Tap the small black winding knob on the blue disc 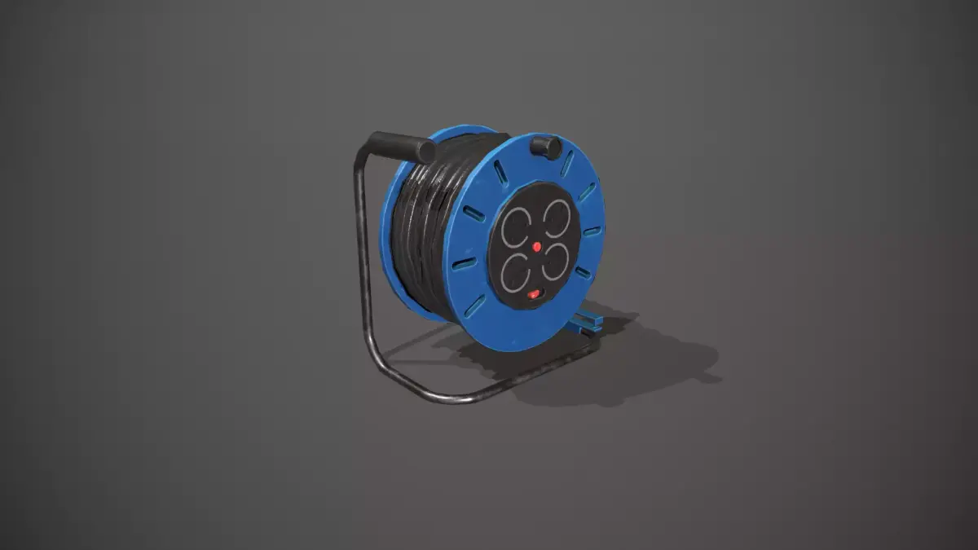(x=545, y=147)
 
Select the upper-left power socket (x=516, y=227)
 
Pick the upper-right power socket (x=556, y=218)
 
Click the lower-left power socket (x=515, y=271)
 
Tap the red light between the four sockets (x=536, y=245)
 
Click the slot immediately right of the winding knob (x=567, y=163)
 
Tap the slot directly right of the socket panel (x=592, y=231)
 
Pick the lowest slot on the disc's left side (x=475, y=306)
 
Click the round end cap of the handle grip (x=426, y=151)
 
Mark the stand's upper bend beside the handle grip (x=362, y=155)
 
